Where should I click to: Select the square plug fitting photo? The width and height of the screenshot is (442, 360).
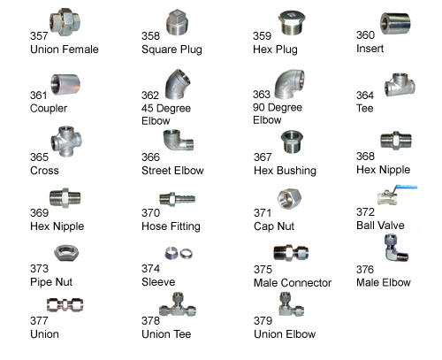177,22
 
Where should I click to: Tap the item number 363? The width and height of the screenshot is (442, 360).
262,95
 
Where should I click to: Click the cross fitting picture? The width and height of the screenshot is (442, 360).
66,142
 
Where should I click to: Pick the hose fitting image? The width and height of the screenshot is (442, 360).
178,199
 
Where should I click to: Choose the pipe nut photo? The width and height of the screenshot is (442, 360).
66,253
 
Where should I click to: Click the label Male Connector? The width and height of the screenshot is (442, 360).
293,283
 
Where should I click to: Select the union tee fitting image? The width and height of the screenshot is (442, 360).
178,305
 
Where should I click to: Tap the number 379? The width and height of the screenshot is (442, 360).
263,320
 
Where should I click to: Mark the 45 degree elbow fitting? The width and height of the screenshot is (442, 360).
178,85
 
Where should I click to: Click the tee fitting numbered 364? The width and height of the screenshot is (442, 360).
400,85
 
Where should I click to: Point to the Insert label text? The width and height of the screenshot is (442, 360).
370,49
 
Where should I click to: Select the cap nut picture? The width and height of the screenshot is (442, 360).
289,198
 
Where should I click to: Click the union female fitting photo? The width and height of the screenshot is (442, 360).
65,22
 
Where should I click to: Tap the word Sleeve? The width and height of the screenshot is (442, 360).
158,282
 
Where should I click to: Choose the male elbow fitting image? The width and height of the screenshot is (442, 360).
396,248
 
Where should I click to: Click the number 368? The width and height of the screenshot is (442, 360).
365,156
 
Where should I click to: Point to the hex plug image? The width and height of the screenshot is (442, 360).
292,23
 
